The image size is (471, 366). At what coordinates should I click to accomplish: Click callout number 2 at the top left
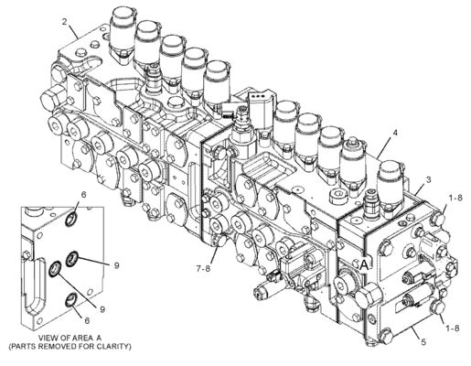[x=64, y=20]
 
